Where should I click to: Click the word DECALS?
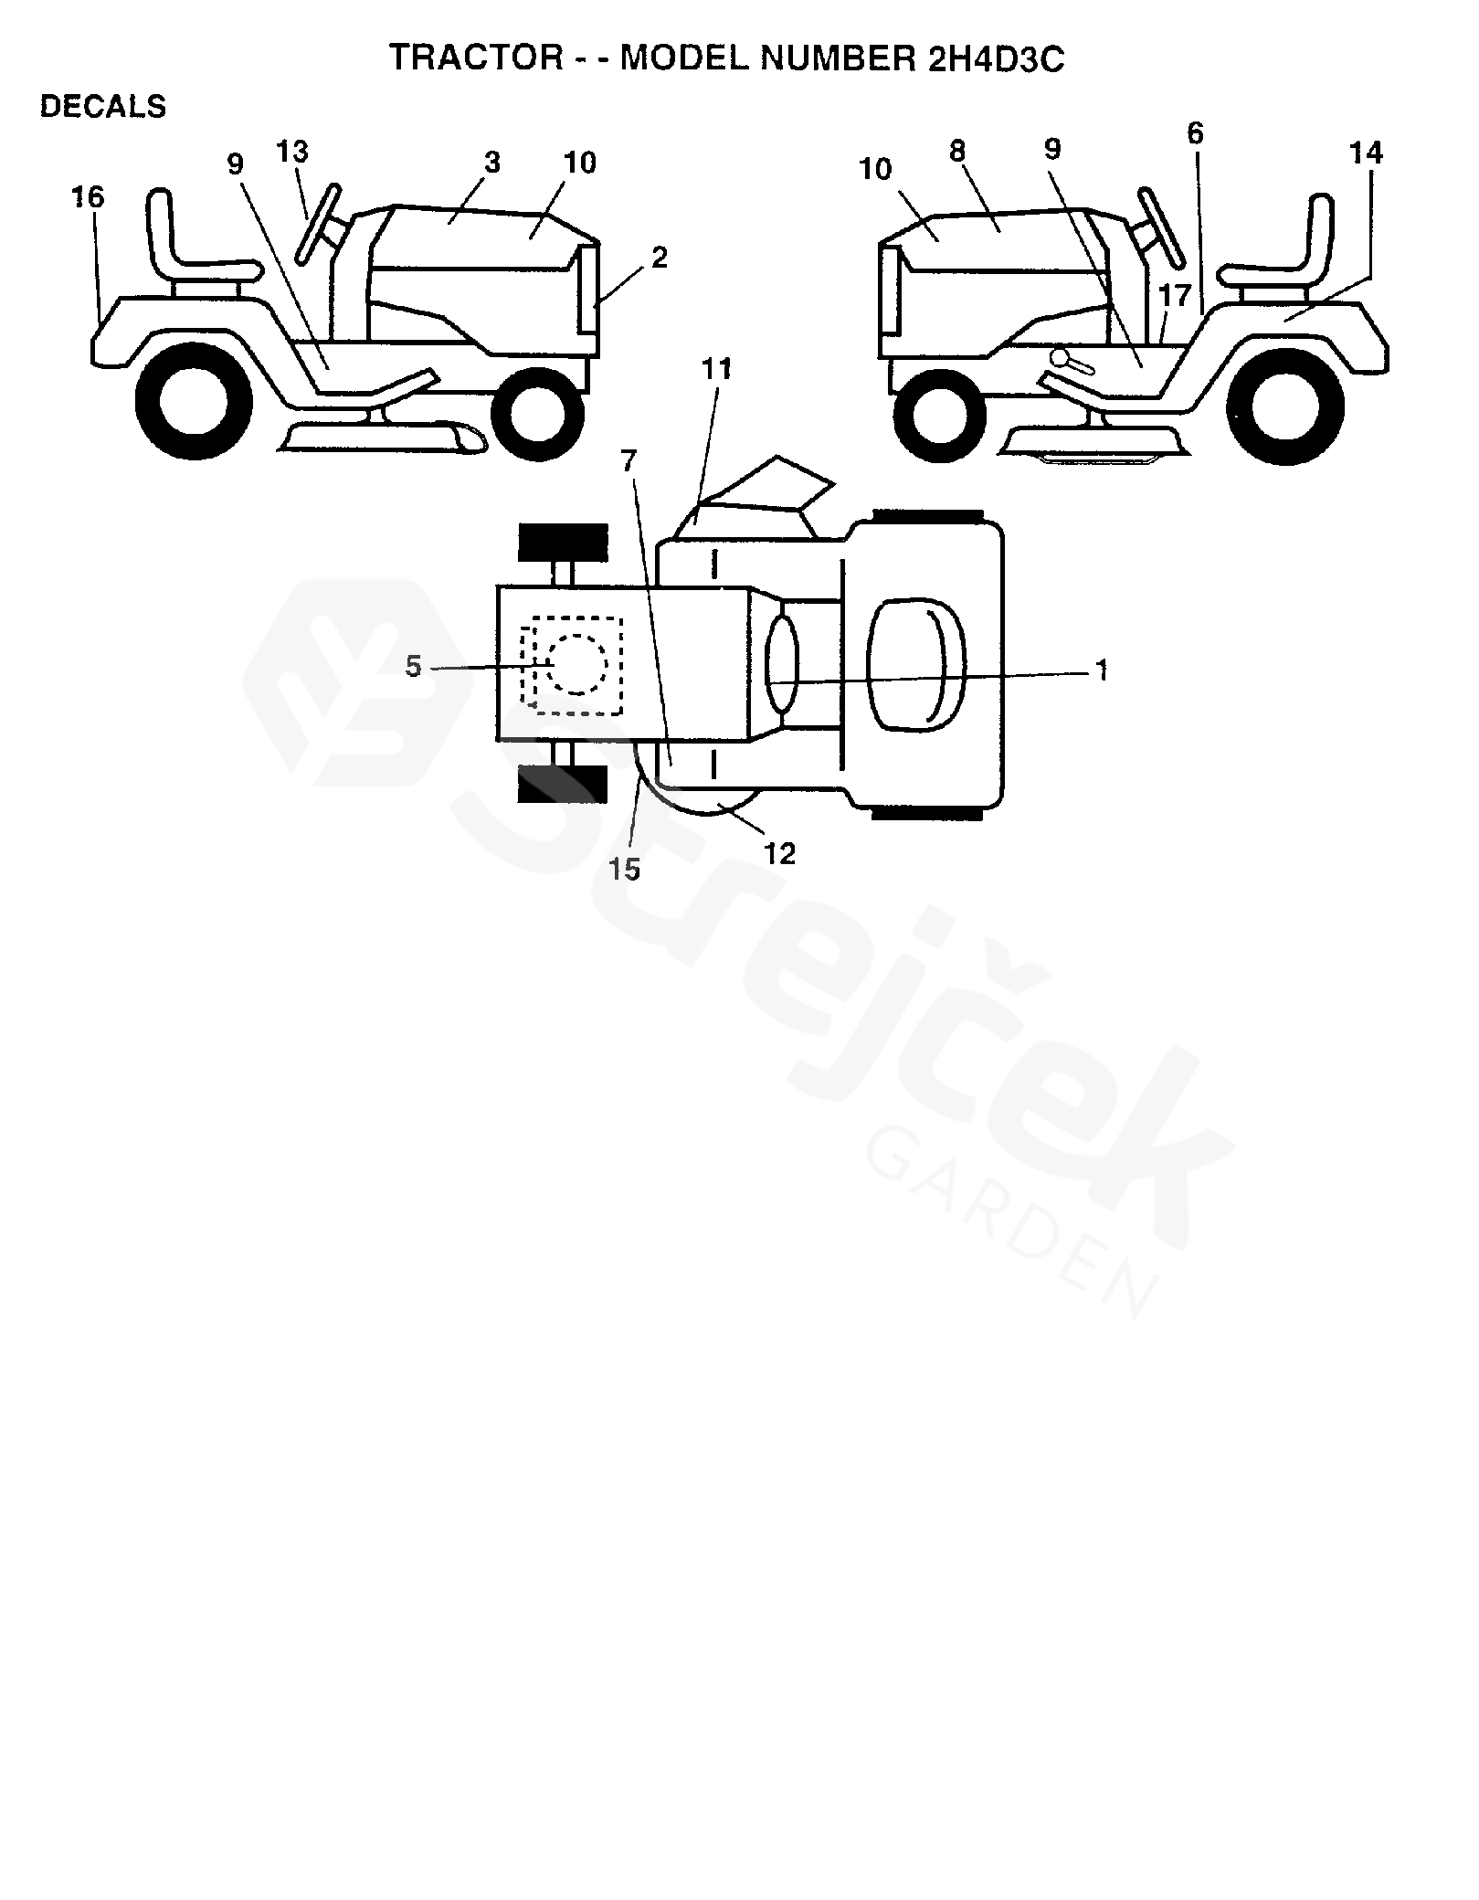point(103,107)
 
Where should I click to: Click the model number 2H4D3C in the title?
point(988,58)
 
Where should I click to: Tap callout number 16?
point(88,196)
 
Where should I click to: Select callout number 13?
point(292,150)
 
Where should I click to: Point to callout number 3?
point(492,163)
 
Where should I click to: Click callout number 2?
point(659,258)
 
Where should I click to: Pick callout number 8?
point(956,151)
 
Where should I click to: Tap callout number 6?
point(1196,134)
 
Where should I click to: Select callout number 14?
point(1366,153)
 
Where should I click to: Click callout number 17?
point(1175,294)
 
